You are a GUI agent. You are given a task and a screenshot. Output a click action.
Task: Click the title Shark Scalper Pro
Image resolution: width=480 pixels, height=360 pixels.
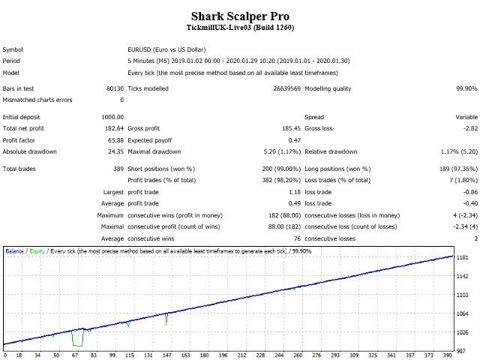240,16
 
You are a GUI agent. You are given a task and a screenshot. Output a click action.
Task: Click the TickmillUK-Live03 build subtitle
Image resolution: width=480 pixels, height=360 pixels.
240,28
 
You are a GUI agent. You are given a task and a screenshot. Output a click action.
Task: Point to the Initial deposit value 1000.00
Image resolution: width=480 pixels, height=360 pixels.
112,117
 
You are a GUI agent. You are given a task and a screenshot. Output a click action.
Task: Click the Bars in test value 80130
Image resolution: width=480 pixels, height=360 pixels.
115,88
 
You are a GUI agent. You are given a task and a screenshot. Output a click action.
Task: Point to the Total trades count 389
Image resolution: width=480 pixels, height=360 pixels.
118,169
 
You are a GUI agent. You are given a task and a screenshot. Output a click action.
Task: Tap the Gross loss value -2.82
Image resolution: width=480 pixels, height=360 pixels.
469,129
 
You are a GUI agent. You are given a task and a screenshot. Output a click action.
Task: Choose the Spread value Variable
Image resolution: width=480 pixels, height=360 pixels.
466,117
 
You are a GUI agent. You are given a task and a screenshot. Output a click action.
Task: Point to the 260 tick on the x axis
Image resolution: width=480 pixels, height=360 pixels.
298,355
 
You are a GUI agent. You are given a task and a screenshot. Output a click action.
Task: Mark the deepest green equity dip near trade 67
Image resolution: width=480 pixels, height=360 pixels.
77,345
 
